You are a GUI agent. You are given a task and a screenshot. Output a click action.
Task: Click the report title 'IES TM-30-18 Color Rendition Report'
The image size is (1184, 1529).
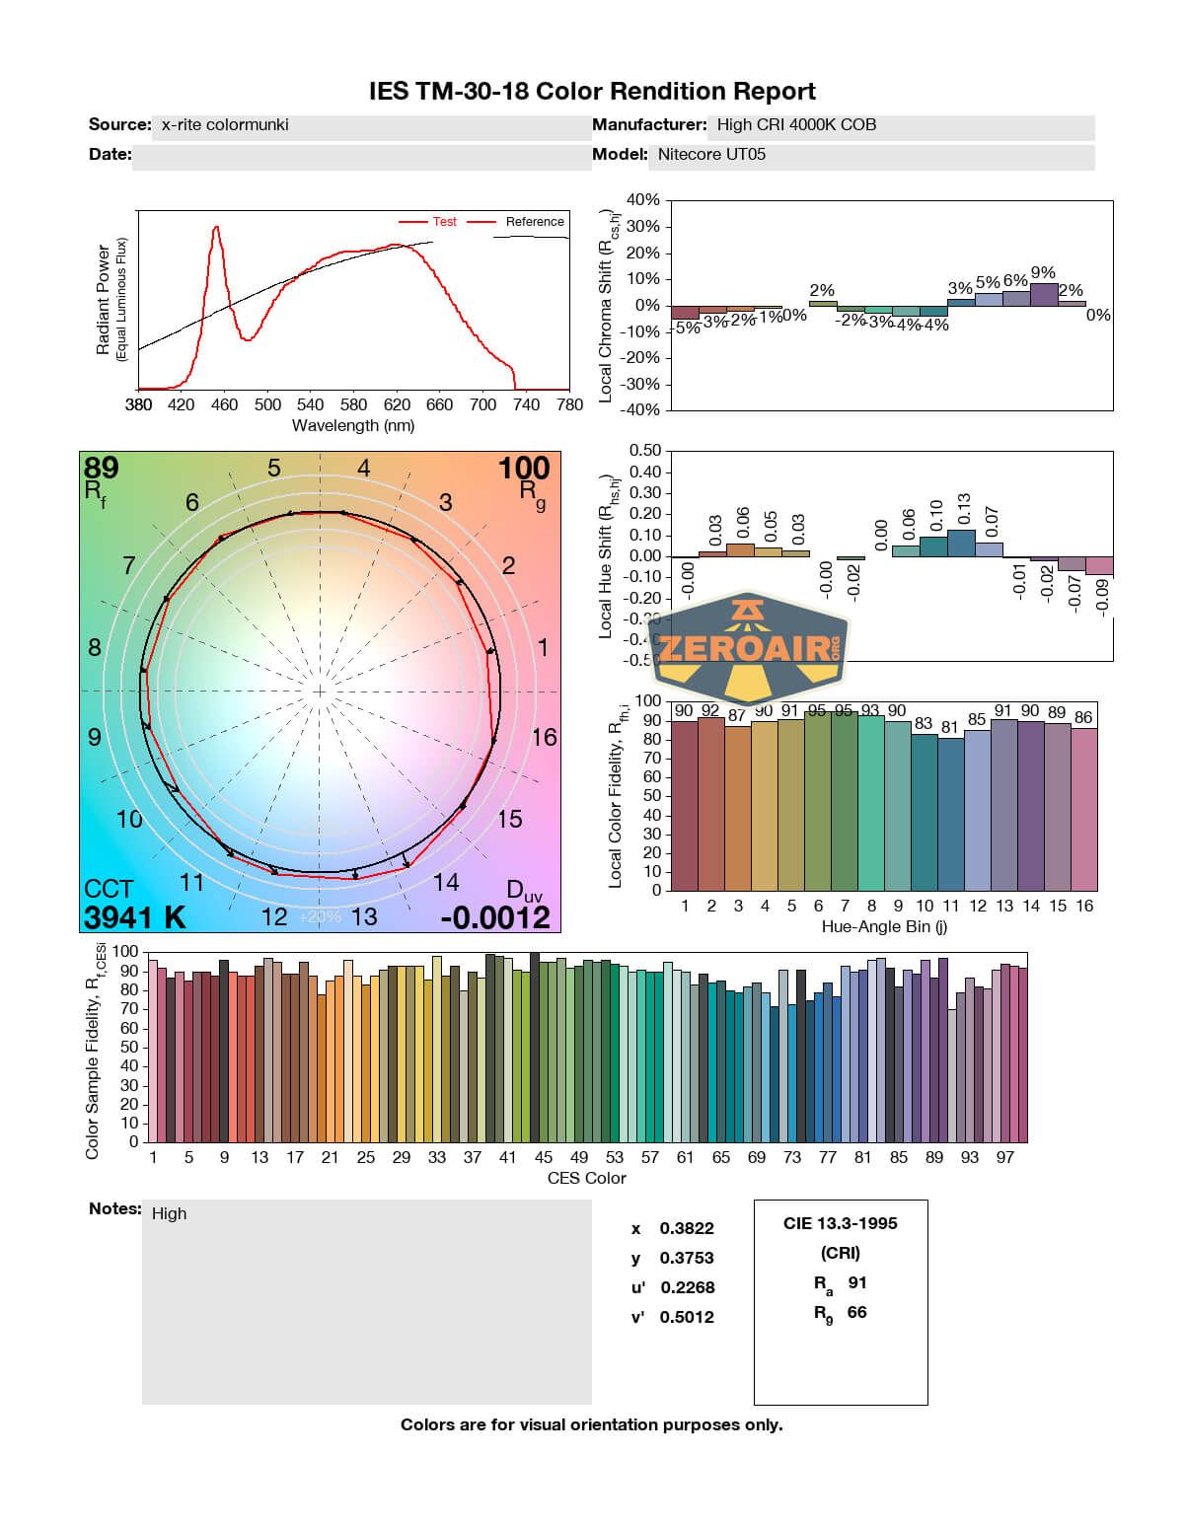point(592,92)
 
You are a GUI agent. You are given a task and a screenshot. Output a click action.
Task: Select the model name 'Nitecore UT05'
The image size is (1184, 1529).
point(711,155)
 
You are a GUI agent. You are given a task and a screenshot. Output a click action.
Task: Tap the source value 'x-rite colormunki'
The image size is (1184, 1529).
point(225,125)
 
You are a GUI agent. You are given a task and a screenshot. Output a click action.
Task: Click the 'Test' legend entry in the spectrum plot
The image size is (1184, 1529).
point(444,222)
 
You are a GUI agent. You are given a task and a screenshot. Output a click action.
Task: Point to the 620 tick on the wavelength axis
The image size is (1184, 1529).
point(397,404)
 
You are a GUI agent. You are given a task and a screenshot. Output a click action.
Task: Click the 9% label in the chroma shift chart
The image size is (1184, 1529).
point(1043,273)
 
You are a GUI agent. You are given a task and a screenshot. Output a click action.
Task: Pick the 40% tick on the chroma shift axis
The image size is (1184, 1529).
point(643,200)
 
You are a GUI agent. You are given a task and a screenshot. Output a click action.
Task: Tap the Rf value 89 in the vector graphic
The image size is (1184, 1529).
point(101,468)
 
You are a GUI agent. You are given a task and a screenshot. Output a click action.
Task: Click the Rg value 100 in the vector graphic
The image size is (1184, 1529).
point(523,469)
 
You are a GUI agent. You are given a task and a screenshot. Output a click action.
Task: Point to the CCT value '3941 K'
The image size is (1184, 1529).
point(134,918)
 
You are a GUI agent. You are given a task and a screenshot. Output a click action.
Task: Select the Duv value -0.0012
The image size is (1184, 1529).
point(495,918)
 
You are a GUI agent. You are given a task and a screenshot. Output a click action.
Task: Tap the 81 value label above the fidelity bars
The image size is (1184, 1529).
point(949,728)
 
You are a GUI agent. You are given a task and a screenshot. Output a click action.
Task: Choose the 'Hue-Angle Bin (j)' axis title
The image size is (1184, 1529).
point(884,927)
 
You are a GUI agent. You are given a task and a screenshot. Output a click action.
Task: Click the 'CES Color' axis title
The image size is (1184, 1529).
point(586,1179)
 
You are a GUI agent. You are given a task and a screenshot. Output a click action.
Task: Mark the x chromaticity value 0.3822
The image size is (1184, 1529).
point(687,1229)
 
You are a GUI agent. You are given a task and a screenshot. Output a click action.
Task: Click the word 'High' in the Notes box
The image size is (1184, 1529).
point(169,1214)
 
